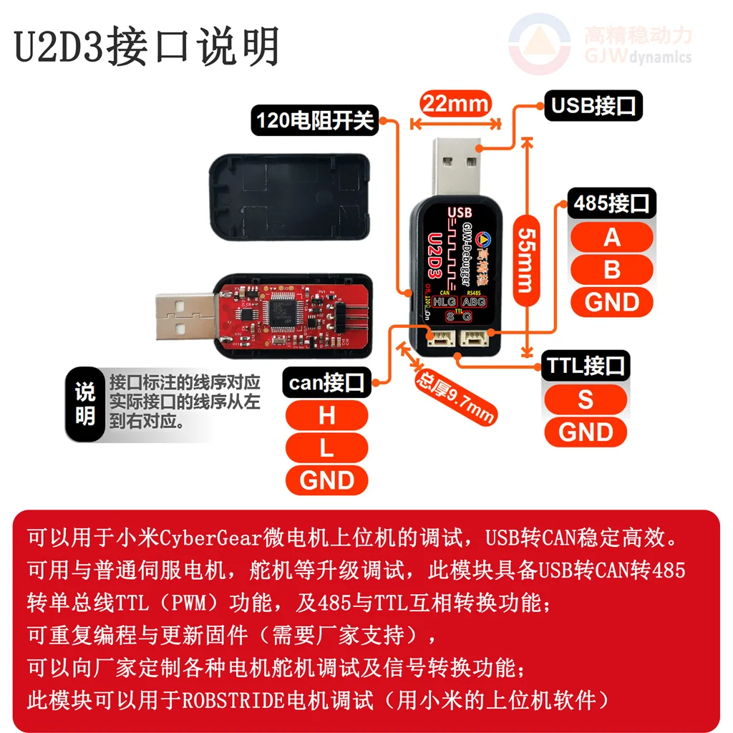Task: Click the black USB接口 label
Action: pyautogui.click(x=593, y=106)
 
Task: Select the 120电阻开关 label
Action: pyautogui.click(x=315, y=120)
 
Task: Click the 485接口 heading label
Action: pyautogui.click(x=611, y=203)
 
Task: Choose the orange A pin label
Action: pyautogui.click(x=611, y=237)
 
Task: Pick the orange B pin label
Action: pyautogui.click(x=611, y=270)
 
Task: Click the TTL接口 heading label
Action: pyautogui.click(x=585, y=366)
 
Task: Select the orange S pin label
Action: pyautogui.click(x=585, y=399)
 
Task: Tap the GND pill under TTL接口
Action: pyautogui.click(x=585, y=432)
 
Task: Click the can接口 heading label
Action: pyautogui.click(x=326, y=383)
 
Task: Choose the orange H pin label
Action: pyautogui.click(x=326, y=415)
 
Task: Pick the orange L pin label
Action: pyautogui.click(x=326, y=447)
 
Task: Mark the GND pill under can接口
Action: pyautogui.click(x=326, y=480)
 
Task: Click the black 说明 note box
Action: pyautogui.click(x=85, y=403)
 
